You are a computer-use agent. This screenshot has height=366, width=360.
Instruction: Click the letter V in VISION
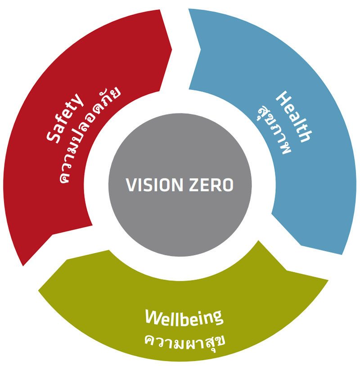tap(130, 185)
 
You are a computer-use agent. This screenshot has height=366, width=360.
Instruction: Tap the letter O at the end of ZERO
tap(228, 185)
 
